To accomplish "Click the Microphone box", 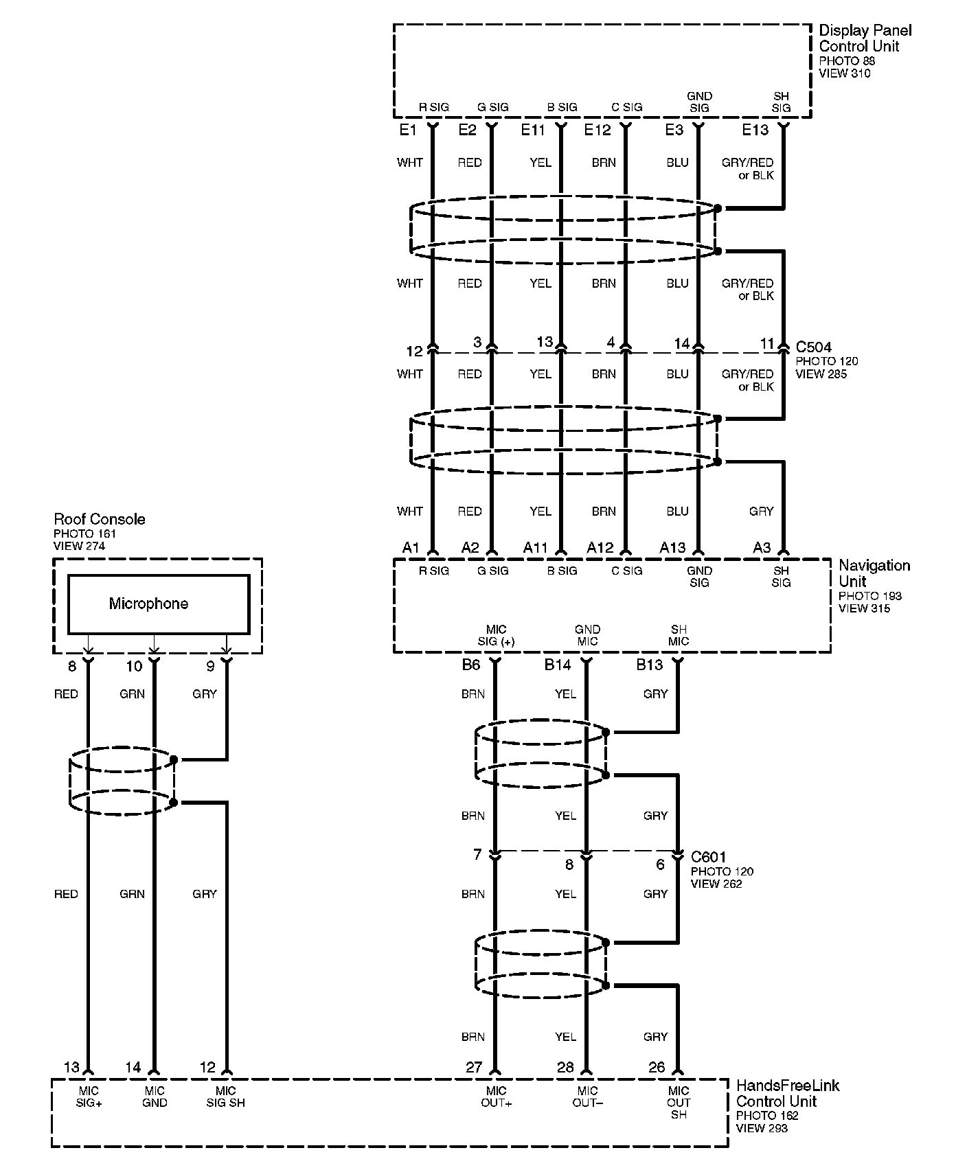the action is click(158, 604).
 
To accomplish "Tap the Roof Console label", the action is click(100, 519).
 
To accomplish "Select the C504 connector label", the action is click(814, 347).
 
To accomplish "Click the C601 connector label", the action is click(709, 857).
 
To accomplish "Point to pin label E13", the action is click(755, 130).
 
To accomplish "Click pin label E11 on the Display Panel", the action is click(533, 130).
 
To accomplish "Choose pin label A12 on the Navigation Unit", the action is click(600, 547).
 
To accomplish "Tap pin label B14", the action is click(558, 664).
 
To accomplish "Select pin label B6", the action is click(470, 664).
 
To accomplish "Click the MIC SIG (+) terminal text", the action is click(496, 636).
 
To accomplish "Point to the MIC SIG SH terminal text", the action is click(225, 1097).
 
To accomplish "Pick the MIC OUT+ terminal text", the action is click(496, 1097).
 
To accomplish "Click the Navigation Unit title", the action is click(874, 573).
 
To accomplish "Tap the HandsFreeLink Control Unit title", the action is click(786, 1093).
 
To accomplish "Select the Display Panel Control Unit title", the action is click(865, 38).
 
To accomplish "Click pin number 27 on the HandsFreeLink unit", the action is click(474, 1067).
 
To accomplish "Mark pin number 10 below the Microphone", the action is click(134, 666).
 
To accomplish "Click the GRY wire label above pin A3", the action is click(761, 512).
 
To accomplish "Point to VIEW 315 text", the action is click(864, 608).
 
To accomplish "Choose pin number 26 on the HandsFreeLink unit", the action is click(657, 1067).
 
